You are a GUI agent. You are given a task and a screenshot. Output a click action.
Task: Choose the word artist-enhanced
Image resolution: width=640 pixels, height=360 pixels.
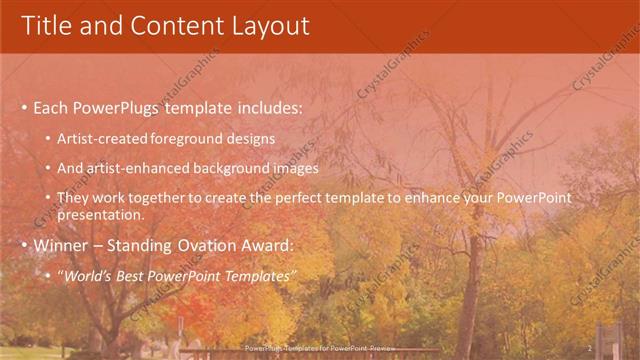[x=137, y=168]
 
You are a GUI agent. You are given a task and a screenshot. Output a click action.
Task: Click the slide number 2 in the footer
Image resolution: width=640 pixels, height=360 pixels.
[x=590, y=348]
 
